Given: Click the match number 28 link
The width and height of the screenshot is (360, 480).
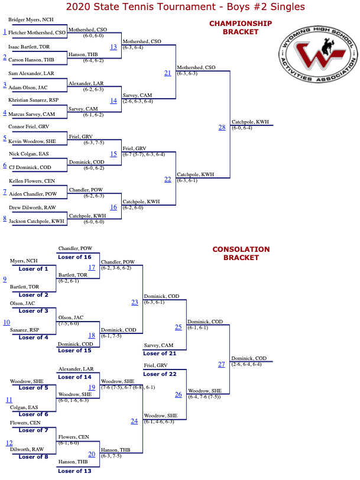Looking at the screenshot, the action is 222,127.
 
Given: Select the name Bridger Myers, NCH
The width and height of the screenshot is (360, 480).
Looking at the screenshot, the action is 31,20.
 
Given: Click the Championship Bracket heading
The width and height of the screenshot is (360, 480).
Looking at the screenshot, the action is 241,28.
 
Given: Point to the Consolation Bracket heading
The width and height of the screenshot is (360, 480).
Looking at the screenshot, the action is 241,254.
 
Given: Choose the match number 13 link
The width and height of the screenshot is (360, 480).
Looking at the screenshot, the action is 113,47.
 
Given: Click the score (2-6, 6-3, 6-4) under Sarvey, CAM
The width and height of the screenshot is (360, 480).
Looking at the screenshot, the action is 138,101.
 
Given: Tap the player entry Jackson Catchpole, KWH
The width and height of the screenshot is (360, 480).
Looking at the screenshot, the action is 37,221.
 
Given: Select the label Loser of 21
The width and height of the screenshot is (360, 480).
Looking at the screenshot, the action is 160,353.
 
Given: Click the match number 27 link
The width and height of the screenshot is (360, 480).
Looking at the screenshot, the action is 221,364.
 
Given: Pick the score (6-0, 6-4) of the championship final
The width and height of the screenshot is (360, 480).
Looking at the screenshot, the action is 242,128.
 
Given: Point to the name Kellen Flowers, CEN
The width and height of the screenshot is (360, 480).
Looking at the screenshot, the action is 32,181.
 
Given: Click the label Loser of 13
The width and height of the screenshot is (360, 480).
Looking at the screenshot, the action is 74,471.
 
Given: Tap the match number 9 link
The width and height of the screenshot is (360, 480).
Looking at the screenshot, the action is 5,279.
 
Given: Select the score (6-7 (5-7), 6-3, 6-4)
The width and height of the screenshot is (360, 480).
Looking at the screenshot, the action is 144,155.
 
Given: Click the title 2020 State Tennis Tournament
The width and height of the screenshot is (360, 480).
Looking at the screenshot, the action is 141,7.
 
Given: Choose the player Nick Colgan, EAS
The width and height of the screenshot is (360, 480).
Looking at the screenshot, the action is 29,154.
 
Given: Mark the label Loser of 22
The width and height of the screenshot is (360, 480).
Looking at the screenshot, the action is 160,374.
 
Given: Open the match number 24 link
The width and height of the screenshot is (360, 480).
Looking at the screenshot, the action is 134,421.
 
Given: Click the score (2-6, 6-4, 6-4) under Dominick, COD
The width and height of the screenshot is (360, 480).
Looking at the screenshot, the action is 247,364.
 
